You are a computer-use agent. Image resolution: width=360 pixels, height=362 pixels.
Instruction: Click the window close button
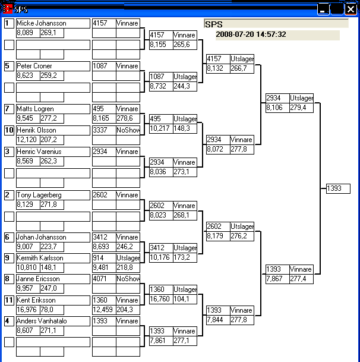click(350, 9)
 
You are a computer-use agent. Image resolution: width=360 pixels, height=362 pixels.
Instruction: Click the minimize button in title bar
click(323, 9)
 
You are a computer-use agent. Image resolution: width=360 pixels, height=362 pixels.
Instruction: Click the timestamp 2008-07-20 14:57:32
click(251, 34)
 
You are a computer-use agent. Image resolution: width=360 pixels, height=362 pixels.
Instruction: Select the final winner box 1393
click(338, 188)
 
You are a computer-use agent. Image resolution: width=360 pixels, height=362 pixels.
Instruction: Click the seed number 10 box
click(9, 130)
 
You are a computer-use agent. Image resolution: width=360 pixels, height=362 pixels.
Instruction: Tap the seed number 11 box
click(9, 300)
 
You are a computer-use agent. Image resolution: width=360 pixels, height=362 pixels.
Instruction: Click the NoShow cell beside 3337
click(128, 130)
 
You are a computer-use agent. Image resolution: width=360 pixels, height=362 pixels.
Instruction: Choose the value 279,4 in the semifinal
click(301, 107)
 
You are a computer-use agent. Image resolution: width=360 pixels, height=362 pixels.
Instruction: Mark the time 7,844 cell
click(217, 320)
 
